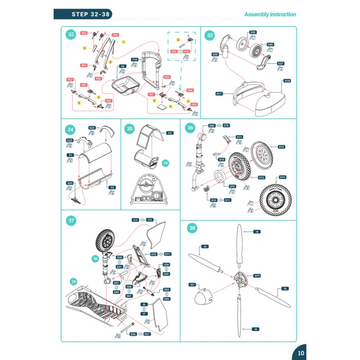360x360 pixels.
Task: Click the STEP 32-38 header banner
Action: click(x=82, y=14)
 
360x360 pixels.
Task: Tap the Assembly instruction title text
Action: click(x=270, y=14)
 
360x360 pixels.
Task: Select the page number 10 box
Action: click(x=301, y=353)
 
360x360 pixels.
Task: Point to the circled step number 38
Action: click(x=193, y=228)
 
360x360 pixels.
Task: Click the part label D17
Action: click(x=219, y=94)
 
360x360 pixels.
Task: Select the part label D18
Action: click(x=287, y=81)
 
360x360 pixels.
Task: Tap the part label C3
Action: click(x=170, y=133)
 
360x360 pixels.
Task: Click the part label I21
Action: click(x=193, y=285)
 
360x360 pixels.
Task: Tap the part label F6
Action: click(x=122, y=67)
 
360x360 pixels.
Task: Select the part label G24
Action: click(x=92, y=128)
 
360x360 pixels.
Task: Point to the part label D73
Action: click(x=261, y=177)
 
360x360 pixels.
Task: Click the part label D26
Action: click(x=133, y=334)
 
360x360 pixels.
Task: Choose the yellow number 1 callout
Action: click(x=123, y=42)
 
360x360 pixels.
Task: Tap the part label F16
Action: click(x=135, y=59)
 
